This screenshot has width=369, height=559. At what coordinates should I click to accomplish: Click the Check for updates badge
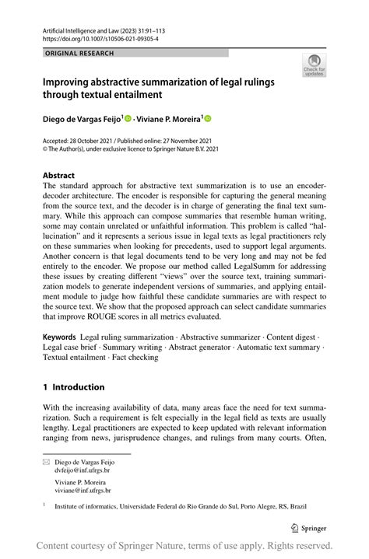[314, 65]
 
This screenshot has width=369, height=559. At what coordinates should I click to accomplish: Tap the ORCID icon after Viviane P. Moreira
[208, 119]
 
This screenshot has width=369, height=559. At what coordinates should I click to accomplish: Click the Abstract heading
[59, 176]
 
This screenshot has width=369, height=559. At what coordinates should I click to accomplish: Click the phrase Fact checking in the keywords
[136, 358]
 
